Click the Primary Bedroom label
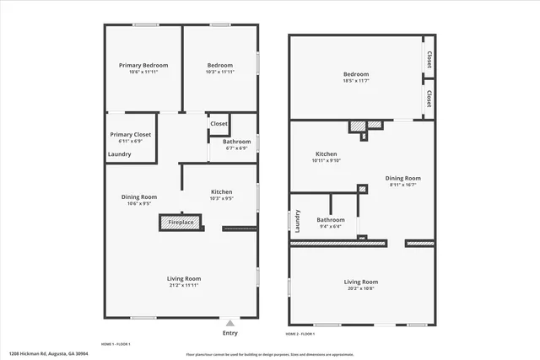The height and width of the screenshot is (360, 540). [x=143, y=66]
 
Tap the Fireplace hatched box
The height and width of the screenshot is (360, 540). [x=181, y=223]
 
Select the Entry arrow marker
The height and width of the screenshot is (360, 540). [x=229, y=323]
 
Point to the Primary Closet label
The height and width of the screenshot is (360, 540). [x=131, y=134]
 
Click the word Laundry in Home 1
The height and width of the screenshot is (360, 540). [x=119, y=153]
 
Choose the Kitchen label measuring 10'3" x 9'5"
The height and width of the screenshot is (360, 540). [x=221, y=193]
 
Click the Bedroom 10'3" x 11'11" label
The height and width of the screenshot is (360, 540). [x=220, y=66]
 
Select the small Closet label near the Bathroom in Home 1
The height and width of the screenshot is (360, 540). [x=219, y=123]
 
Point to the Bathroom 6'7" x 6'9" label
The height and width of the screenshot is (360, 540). [x=236, y=142]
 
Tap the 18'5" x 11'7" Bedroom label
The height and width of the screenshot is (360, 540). [x=356, y=74]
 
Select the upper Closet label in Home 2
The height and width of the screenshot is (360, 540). [x=429, y=60]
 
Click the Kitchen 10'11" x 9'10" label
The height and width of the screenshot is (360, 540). [x=327, y=154]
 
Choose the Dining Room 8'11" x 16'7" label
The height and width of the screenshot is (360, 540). [x=402, y=178]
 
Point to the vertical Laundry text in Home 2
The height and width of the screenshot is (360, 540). [x=298, y=221]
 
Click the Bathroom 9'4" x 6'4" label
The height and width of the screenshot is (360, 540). [x=330, y=220]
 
